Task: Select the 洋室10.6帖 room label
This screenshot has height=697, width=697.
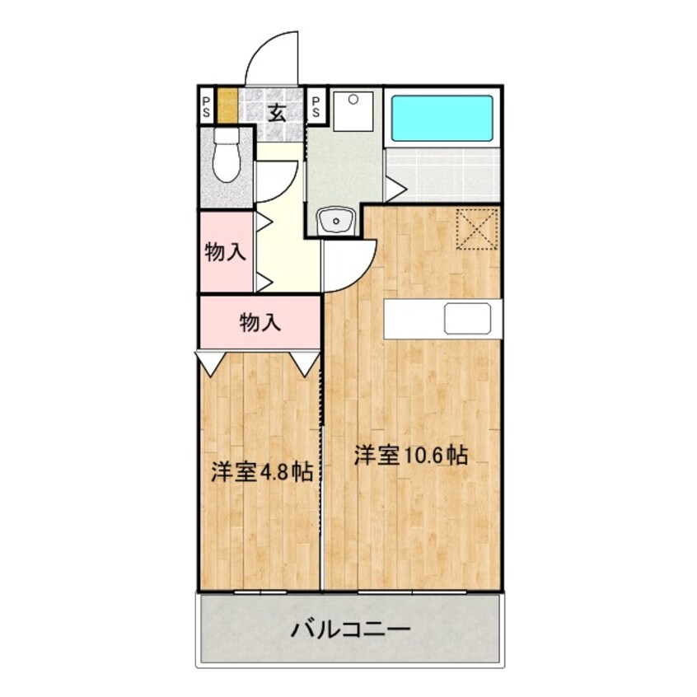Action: pos(411,455)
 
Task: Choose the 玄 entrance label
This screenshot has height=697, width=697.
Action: pos(277,112)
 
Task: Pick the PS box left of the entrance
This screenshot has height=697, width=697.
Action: pos(206,106)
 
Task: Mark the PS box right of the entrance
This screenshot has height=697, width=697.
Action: pos(316,106)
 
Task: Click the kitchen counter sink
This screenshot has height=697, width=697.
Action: pos(467,319)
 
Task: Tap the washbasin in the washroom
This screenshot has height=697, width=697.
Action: pos(334,221)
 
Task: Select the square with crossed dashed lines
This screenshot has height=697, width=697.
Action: pos(476,228)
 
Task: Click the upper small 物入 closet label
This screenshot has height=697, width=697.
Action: pos(225,252)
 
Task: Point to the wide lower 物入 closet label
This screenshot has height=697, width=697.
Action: pos(260,322)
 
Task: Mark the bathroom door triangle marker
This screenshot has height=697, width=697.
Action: pos(395,189)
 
